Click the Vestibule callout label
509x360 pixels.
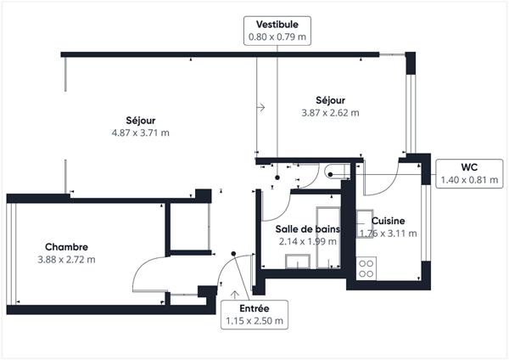point(277,31)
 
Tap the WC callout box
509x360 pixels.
point(469,173)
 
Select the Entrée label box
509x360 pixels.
point(255,315)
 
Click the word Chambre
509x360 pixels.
point(66,247)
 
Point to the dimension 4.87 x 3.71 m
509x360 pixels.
point(141,132)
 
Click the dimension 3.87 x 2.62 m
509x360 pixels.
point(331,113)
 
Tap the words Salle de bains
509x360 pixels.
point(308,229)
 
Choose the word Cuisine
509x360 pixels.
point(389,221)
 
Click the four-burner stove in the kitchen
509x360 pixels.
point(366,268)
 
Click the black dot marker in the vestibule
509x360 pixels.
point(277,177)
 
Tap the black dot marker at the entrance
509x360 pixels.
point(233,253)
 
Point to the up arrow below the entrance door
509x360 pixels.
point(235,295)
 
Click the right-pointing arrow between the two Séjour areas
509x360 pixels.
point(260,107)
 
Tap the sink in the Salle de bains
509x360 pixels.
point(298,262)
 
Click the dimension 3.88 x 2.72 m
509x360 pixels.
point(66,260)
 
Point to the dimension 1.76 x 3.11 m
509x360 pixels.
point(389,233)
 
